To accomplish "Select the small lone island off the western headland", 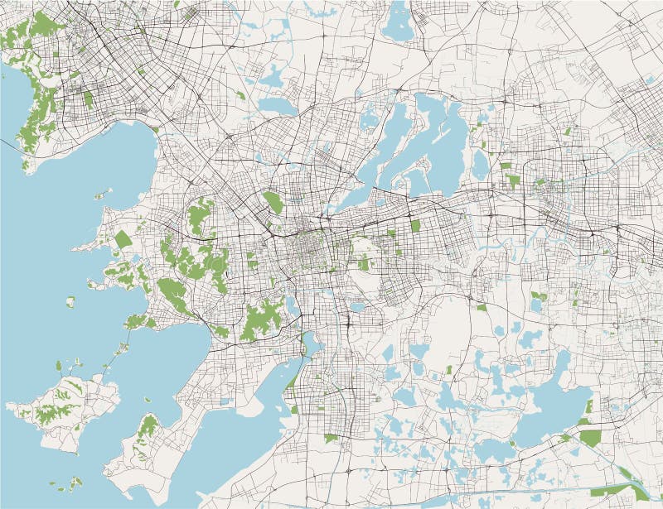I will click(x=70, y=302).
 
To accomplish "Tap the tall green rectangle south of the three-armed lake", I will click(x=415, y=225).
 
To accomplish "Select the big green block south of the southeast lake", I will click(x=589, y=437).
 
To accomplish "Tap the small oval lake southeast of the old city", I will click(x=356, y=307).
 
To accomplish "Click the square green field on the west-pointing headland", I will click(x=123, y=240).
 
